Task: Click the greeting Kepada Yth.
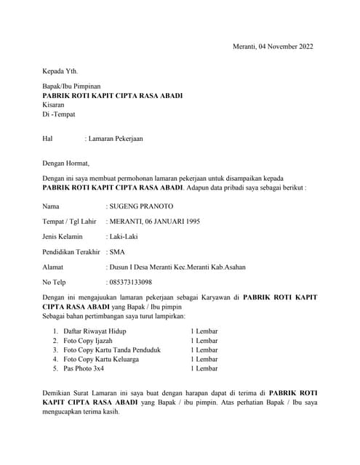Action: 60,71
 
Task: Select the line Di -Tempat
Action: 59,114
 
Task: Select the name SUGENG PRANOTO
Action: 140,206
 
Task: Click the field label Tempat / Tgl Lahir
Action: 70,221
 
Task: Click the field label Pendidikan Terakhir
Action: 71,251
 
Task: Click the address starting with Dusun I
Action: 177,267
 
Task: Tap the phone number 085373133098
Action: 131,282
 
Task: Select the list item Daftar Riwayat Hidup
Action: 95,331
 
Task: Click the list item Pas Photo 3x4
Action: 84,368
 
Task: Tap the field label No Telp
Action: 55,282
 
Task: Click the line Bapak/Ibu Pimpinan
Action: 76,86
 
